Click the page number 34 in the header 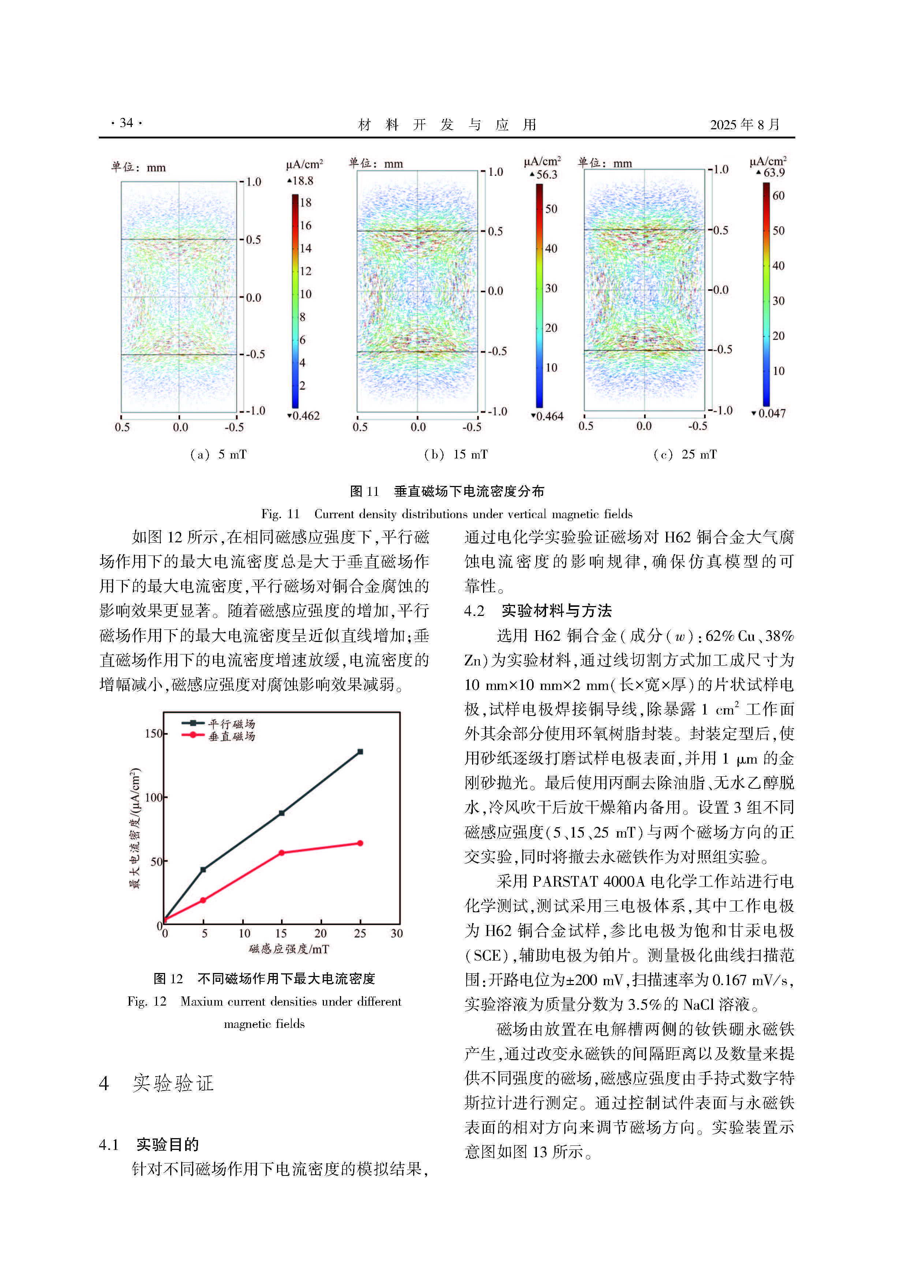click(126, 123)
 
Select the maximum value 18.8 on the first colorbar click(303, 181)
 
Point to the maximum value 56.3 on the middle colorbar click(546, 175)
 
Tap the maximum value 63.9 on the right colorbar click(774, 173)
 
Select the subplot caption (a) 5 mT click(218, 454)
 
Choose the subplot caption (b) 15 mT click(455, 454)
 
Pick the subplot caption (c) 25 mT click(685, 454)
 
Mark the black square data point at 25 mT click(360, 752)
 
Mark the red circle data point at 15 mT click(281, 853)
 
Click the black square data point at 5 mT click(203, 870)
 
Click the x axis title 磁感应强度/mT click(289, 949)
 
